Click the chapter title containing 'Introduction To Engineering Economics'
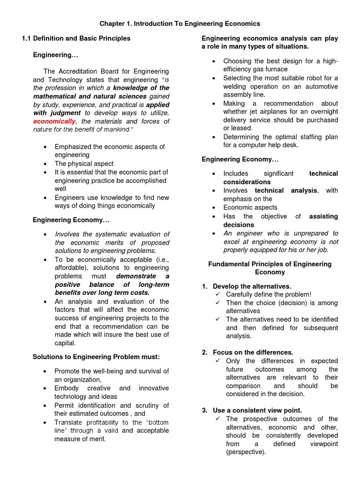coord(180,23)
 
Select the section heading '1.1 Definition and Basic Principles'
coord(76,38)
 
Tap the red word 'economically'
coord(53,121)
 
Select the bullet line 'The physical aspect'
coord(84,164)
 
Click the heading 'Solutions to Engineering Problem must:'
coord(96,357)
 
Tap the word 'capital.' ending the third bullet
coord(65,343)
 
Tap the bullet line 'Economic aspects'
coord(250,207)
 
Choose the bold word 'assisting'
coord(323,216)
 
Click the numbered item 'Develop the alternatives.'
coord(252,286)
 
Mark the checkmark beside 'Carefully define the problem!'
coord(218,294)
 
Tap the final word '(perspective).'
coord(246,452)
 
